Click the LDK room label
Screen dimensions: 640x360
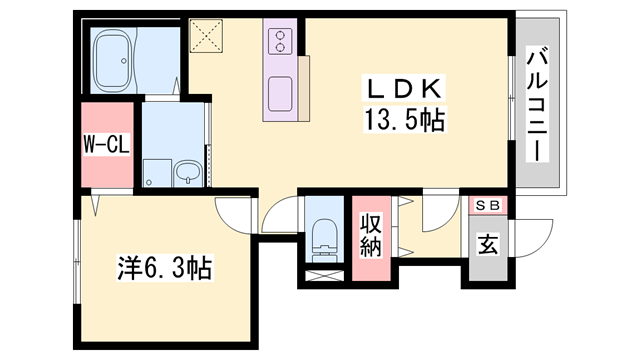pos(404,88)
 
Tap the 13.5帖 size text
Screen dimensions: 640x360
pos(405,120)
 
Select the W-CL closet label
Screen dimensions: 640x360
pos(107,144)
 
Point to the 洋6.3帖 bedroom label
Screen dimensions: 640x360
pos(165,268)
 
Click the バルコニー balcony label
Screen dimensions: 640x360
pos(536,104)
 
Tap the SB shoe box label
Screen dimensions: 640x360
pos(488,206)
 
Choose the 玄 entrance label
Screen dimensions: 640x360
pos(488,244)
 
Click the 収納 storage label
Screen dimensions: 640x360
pos(371,236)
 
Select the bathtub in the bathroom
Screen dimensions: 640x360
pos(112,59)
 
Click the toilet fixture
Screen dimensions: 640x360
pos(325,241)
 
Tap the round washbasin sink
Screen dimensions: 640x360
pos(188,173)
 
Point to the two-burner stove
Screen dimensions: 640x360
pos(280,41)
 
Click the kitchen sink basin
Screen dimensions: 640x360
pos(280,94)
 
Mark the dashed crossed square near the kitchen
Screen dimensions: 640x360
pos(206,36)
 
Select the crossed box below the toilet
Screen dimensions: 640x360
pos(324,276)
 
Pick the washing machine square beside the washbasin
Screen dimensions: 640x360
pos(157,173)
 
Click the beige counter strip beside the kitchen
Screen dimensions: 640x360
pos(304,88)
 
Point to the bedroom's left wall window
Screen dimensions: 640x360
pos(77,261)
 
